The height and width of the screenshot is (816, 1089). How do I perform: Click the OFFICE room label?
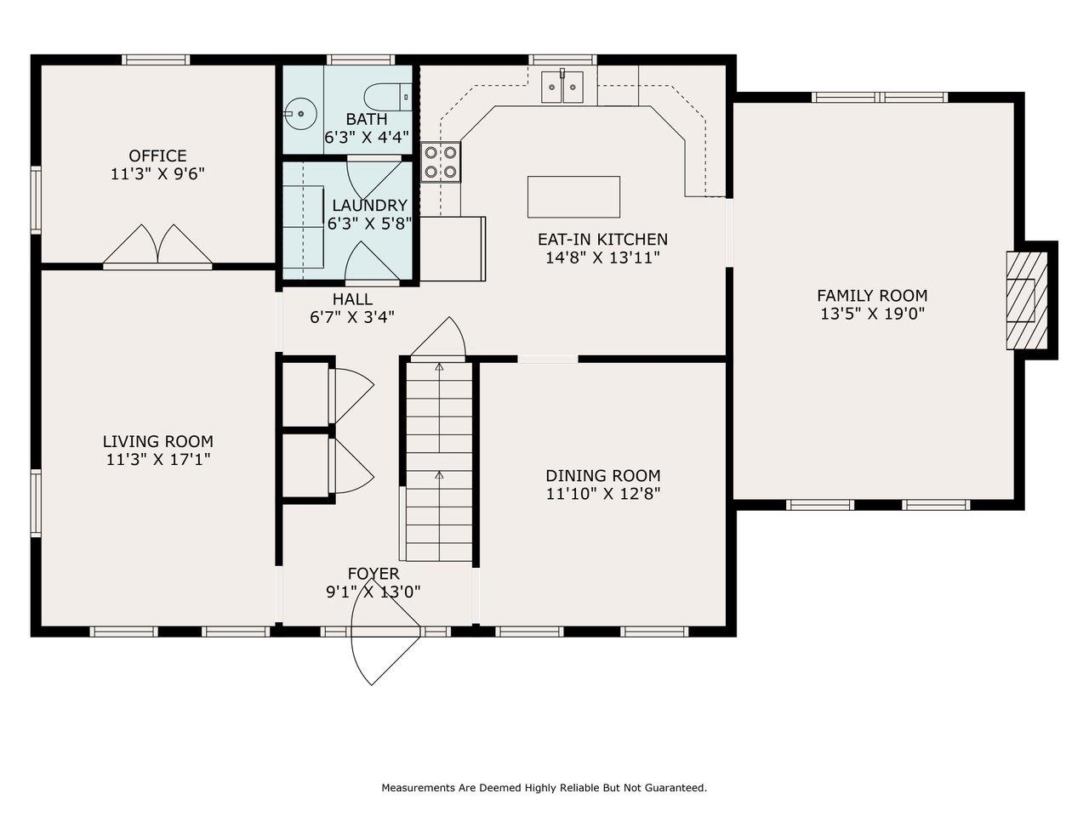point(157,156)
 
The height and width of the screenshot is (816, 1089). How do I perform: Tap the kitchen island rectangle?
point(573,196)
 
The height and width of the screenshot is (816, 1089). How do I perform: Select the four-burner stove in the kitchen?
point(441,162)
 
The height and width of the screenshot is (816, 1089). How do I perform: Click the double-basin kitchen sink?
point(562,88)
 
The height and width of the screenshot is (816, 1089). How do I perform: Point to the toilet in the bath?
point(387,97)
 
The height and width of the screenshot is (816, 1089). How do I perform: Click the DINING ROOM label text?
point(603,476)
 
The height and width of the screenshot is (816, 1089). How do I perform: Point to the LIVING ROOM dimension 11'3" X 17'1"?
point(158,460)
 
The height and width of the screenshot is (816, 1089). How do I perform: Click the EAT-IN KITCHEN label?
point(603,240)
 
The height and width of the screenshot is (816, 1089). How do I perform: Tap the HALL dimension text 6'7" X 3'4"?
point(351,317)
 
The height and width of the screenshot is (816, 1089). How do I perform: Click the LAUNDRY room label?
point(369,205)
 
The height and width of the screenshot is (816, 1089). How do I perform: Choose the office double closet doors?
point(157,246)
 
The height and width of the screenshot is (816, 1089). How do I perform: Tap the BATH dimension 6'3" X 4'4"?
point(367,137)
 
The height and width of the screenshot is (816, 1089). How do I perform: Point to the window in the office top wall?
point(156,60)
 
